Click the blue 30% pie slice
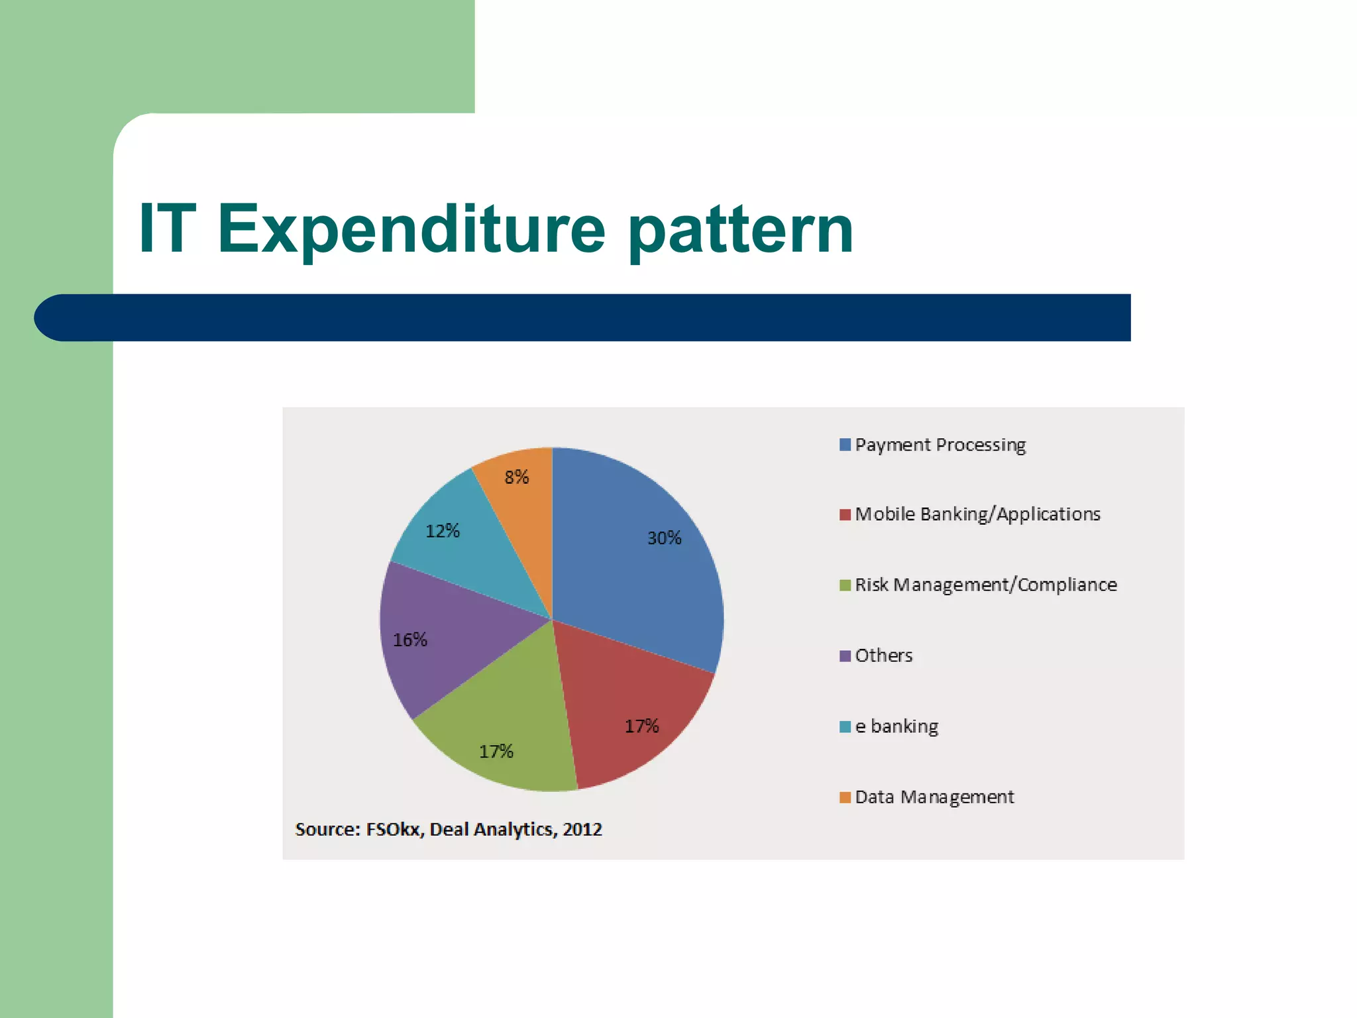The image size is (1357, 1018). [x=636, y=563]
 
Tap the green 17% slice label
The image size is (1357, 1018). [x=496, y=752]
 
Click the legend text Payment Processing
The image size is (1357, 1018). [x=940, y=445]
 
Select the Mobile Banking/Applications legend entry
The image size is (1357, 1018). [x=977, y=514]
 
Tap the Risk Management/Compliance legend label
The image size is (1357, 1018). [x=985, y=585]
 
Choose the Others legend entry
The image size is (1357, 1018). [x=883, y=655]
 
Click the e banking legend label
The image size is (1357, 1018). [x=896, y=726]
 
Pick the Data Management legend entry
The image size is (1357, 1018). [x=934, y=797]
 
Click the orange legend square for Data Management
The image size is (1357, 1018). [x=845, y=797]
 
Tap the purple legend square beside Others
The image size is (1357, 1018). [x=845, y=656]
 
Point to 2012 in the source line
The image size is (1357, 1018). [x=582, y=830]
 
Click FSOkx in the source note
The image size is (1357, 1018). [x=394, y=830]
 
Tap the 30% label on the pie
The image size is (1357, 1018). [x=664, y=538]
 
